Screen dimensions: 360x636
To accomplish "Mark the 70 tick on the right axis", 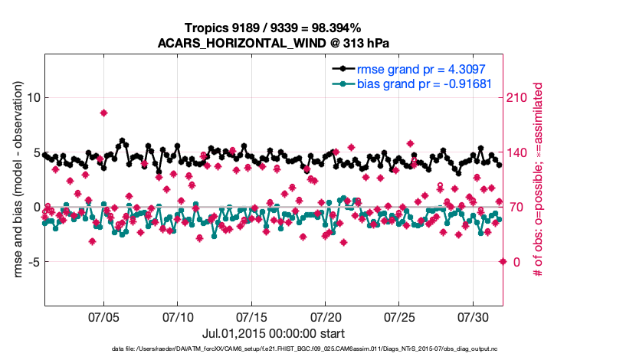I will [x=516, y=207].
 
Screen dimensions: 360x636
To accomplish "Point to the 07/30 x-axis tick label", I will [x=473, y=316].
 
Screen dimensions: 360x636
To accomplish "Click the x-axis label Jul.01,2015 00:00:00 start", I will [x=273, y=333].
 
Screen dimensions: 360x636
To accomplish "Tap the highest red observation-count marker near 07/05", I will [x=103, y=113].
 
